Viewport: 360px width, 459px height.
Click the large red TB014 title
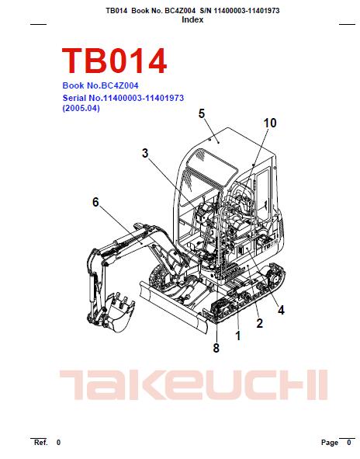point(114,61)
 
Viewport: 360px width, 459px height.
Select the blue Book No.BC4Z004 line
point(100,85)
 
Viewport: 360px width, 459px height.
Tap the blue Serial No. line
point(123,98)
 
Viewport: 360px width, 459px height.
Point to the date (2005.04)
point(81,108)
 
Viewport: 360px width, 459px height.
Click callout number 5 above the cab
point(202,113)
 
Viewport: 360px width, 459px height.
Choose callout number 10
point(270,123)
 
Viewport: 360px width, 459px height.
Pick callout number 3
point(145,153)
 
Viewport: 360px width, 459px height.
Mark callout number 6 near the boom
point(95,202)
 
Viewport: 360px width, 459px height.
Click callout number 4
point(281,310)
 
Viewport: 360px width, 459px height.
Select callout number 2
point(259,323)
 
